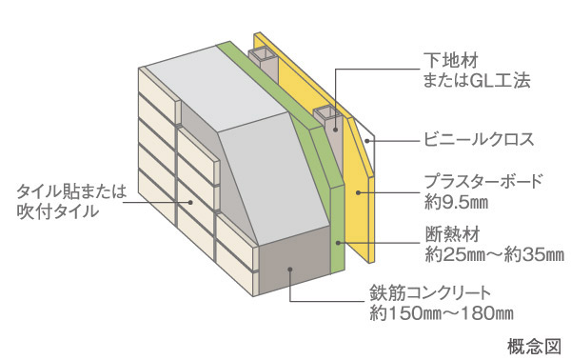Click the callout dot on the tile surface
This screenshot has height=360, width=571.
191,202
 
